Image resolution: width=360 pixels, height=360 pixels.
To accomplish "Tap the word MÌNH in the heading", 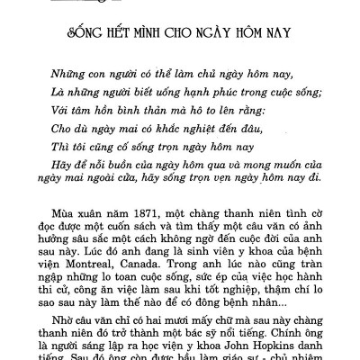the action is tap(153, 37).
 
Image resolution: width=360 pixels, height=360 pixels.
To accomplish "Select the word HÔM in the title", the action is tap(256, 37).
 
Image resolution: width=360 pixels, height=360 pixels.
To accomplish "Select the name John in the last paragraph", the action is tap(232, 346).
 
